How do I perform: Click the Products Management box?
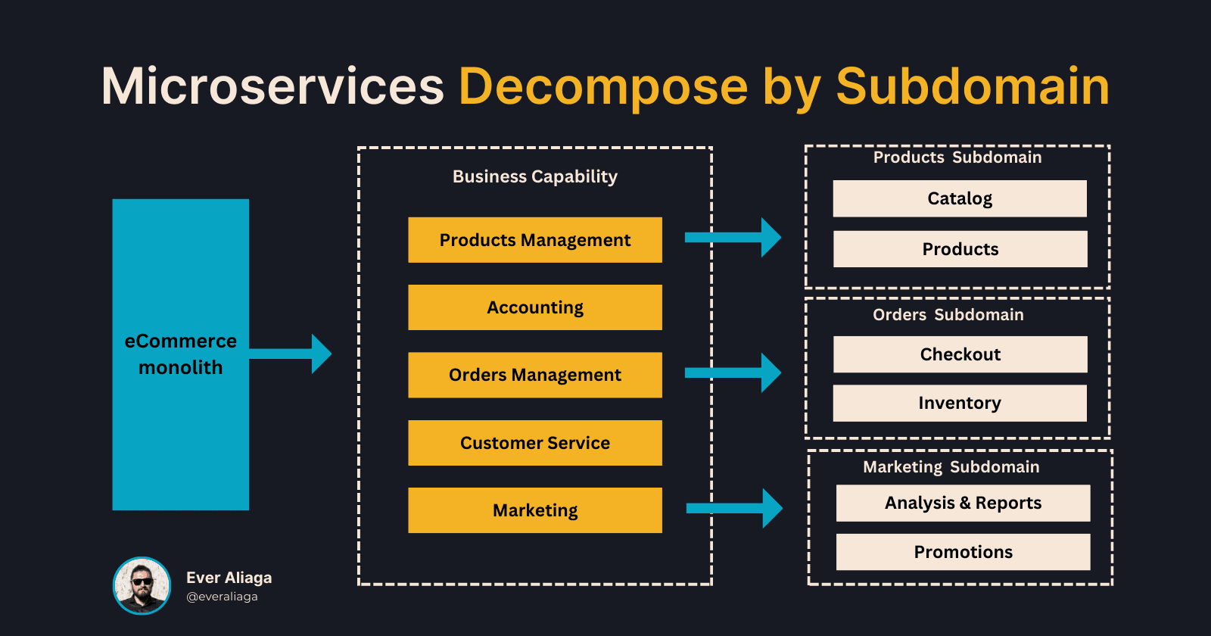tap(534, 240)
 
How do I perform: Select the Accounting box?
tap(534, 307)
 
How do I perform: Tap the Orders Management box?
tap(534, 375)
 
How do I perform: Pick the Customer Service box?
tap(534, 443)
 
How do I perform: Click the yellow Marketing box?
tap(534, 510)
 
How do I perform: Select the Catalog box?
tap(960, 198)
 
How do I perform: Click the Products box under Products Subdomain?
tap(960, 249)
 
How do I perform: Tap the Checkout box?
tap(960, 354)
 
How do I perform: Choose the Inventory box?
tap(960, 403)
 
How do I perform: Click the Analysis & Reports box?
tap(963, 503)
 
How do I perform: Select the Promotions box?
tap(963, 552)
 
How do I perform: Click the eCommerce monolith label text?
tap(180, 354)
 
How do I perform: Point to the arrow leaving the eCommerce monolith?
tap(291, 354)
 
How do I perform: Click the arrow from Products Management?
tap(733, 238)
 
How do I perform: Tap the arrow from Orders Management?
tap(733, 373)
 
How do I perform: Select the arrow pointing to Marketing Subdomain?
tap(734, 508)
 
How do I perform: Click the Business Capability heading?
tap(534, 176)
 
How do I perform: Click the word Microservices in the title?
tap(272, 86)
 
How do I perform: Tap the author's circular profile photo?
tap(142, 585)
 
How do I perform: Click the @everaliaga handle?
tap(222, 597)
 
